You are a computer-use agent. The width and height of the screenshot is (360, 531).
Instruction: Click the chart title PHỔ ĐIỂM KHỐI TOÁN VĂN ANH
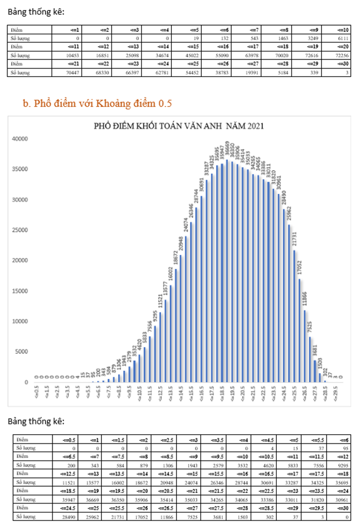pos(179,126)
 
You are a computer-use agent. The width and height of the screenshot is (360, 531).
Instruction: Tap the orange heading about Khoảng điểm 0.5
pos(97,104)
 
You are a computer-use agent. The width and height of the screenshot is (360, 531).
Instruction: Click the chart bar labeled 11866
pos(305,346)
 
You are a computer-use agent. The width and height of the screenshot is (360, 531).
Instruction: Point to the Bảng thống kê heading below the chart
pos(36,421)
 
